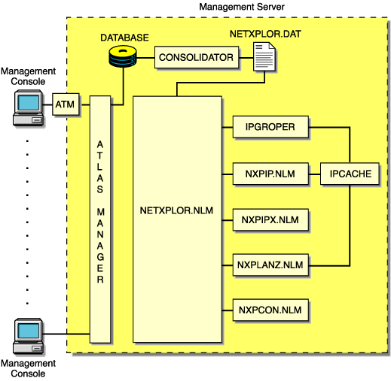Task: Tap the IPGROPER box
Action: [x=270, y=128]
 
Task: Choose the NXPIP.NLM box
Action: [x=270, y=174]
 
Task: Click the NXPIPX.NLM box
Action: [x=270, y=219]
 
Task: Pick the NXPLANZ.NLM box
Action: [x=270, y=265]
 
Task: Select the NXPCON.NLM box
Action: [x=270, y=310]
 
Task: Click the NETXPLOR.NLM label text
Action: [x=177, y=211]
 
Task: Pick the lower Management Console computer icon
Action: [x=29, y=334]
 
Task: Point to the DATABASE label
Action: [x=125, y=37]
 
